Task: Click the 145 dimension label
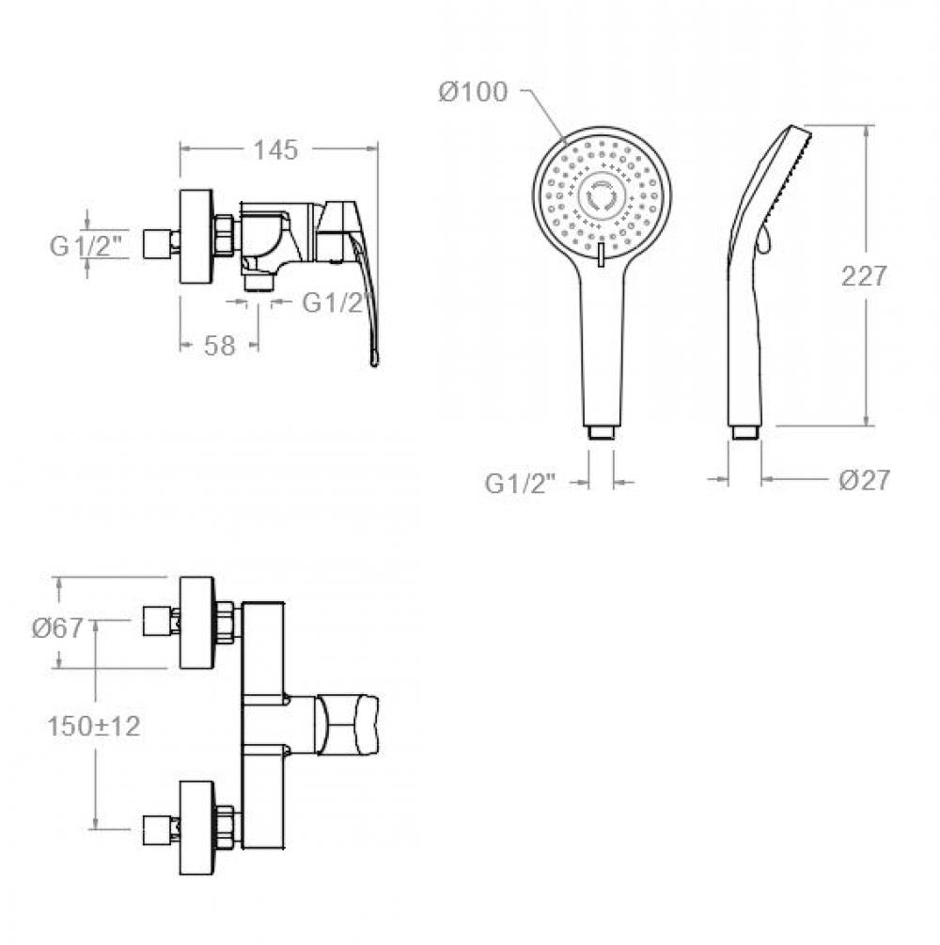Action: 275,150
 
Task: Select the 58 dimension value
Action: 219,346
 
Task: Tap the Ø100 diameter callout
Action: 473,92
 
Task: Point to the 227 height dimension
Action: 864,276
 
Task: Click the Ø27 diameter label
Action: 864,480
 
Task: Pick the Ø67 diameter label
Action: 57,628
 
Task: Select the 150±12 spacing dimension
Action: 93,726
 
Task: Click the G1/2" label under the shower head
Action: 521,484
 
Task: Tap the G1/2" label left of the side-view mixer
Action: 86,246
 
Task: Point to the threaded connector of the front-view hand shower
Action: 601,433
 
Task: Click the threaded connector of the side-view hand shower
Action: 744,433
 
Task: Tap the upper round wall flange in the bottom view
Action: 196,623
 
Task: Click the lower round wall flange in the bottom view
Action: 196,829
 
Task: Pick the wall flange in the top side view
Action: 196,236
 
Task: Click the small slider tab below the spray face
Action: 600,254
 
